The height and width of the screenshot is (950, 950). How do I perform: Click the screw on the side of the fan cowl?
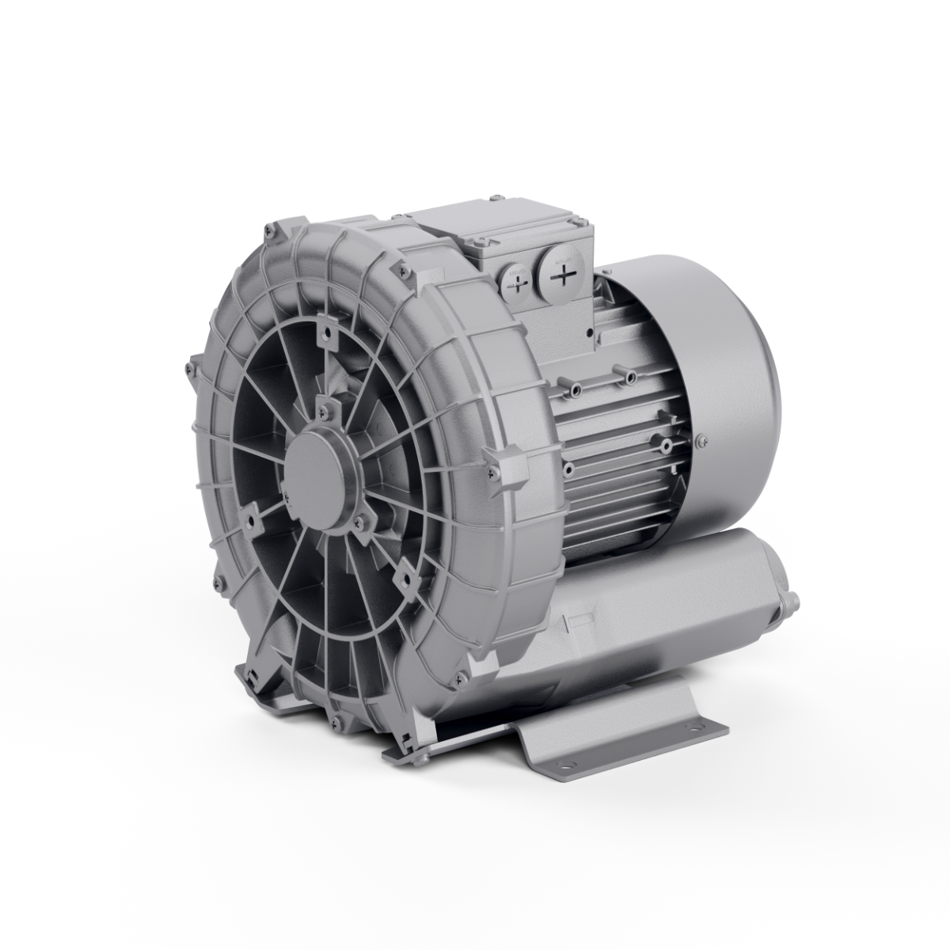click(700, 441)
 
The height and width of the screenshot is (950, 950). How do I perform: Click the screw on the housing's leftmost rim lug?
click(190, 366)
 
